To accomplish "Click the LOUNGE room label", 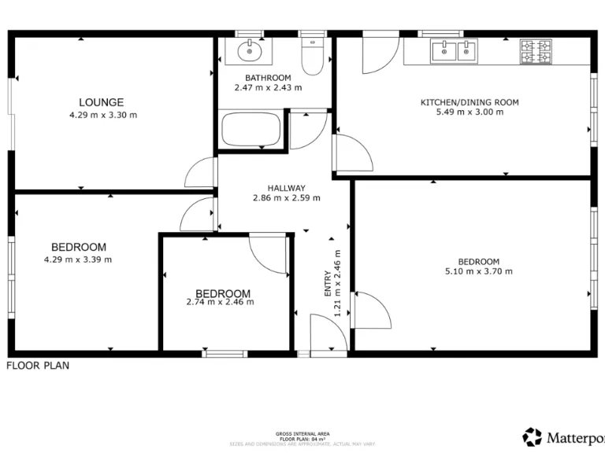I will click(x=101, y=102).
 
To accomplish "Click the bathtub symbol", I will click(x=251, y=130).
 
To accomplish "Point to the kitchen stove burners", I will click(x=536, y=52).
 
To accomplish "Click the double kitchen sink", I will click(x=454, y=52).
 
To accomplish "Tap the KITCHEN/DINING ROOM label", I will click(x=470, y=102).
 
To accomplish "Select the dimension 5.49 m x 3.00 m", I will click(x=470, y=112).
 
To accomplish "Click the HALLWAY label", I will click(x=286, y=188).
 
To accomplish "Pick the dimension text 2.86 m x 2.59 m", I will click(x=286, y=198).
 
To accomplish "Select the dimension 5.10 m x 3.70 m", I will click(x=478, y=272).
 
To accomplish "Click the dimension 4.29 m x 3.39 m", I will click(x=78, y=260).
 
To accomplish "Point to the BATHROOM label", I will click(x=268, y=78).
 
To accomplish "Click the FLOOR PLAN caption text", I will click(x=38, y=366).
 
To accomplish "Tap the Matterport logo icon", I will click(x=533, y=436).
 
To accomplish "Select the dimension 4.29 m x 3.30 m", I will click(x=103, y=115).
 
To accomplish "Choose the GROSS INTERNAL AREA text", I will click(x=302, y=434).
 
